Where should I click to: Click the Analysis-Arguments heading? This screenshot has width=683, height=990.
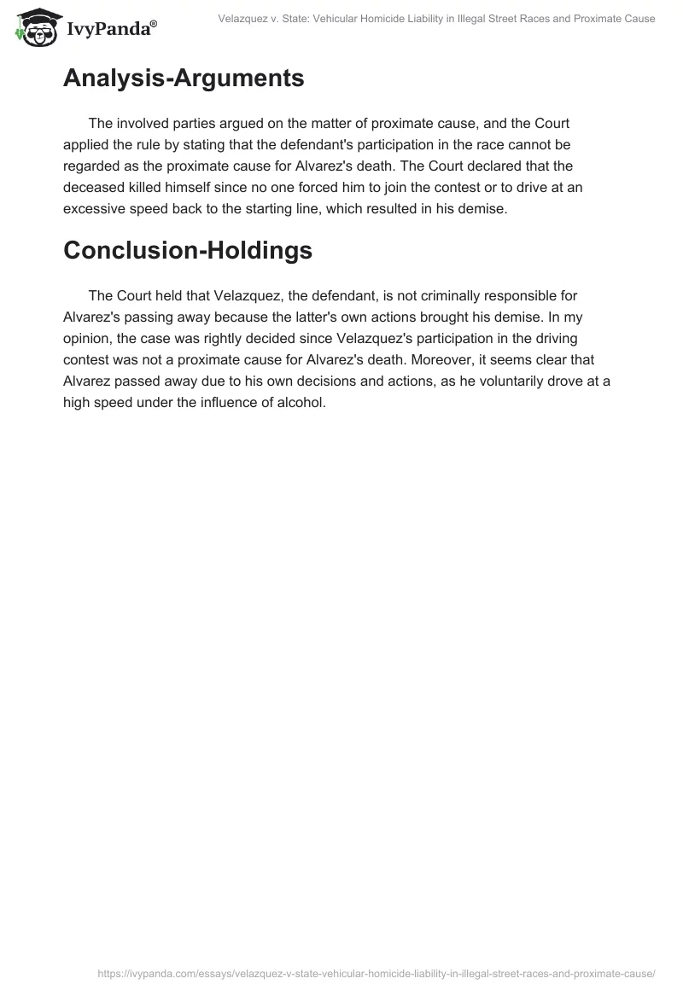(184, 79)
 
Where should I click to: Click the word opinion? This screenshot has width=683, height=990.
(90, 338)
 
